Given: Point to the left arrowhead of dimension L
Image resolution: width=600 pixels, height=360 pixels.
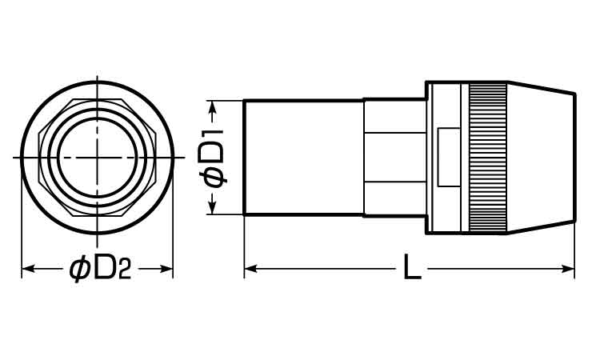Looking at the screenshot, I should click(x=249, y=270).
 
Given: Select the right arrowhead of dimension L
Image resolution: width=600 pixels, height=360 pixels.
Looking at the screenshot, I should click(x=570, y=270).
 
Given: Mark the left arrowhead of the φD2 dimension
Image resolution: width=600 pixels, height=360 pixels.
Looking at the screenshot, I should click(x=26, y=270).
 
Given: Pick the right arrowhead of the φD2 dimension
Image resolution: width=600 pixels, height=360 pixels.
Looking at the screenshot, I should click(x=168, y=270).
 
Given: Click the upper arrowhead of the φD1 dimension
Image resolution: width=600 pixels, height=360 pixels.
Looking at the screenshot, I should click(x=213, y=106).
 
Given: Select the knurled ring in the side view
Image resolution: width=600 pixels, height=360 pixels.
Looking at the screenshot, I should click(x=487, y=158).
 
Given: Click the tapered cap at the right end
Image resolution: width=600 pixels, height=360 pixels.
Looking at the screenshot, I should click(x=541, y=158).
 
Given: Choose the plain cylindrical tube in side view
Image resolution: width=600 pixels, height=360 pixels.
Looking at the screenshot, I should click(x=302, y=158).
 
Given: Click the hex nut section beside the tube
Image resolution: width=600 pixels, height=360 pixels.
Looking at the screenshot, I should click(x=394, y=158).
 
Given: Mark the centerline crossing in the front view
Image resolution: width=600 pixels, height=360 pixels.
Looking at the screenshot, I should click(x=97, y=158).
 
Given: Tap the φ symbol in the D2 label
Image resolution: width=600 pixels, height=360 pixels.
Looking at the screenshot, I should click(x=78, y=270).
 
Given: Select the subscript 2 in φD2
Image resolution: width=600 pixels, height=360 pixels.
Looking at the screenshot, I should click(x=124, y=272).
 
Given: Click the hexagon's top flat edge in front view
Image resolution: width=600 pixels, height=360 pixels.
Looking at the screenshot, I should click(x=97, y=99).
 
